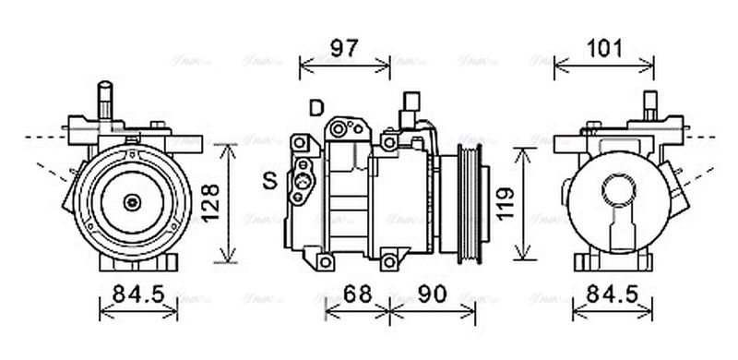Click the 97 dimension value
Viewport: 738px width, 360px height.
[344, 48]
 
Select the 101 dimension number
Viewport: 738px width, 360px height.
[606, 48]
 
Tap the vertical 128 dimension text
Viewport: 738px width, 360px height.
[210, 203]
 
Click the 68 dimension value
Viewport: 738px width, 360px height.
[357, 295]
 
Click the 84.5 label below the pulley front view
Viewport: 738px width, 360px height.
[138, 295]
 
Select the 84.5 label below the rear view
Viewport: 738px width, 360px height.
[612, 295]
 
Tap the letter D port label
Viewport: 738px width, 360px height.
[316, 109]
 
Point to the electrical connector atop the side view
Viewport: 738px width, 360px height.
[411, 109]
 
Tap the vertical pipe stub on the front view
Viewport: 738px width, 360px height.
[105, 100]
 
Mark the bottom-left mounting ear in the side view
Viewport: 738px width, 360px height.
[325, 262]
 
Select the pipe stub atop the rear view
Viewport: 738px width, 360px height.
[649, 103]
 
